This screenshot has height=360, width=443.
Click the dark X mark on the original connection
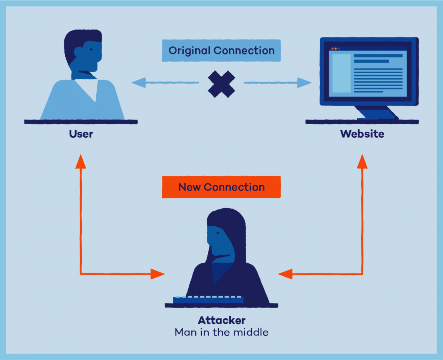coord(221,84)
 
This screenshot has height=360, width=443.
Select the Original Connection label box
coord(221,50)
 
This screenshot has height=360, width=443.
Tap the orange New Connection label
coord(221,187)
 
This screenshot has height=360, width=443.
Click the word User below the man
coord(81,134)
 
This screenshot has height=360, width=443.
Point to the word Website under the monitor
coord(362,134)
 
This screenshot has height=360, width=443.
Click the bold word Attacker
coord(221,321)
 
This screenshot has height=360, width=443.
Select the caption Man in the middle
coord(221,332)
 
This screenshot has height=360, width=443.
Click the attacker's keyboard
coord(208,300)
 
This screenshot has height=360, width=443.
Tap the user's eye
coord(92,49)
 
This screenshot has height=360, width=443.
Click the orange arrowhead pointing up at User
coord(81,161)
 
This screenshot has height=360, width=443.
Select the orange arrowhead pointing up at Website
coord(362,161)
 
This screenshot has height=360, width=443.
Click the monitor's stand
coord(377,112)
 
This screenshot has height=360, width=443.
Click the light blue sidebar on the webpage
coord(340,73)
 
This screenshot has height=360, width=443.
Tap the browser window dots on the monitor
coord(335,48)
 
